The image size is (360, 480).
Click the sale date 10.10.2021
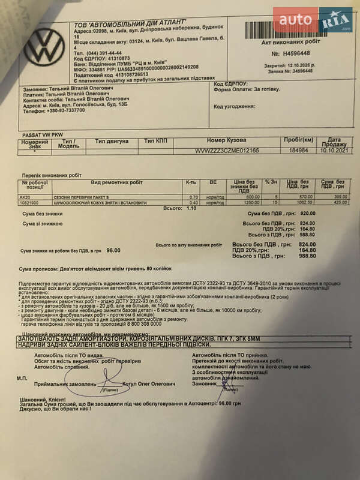[335, 151]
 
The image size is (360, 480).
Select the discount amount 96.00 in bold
[113, 250]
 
